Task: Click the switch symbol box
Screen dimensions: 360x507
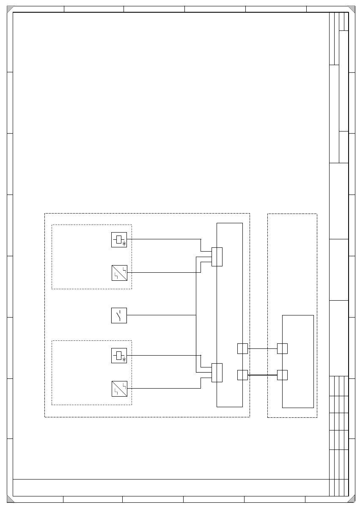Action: (119, 315)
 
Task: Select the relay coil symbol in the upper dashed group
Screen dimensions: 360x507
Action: (119, 240)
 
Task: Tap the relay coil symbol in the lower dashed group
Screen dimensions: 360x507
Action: (119, 356)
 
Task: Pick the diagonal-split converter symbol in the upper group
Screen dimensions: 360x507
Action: (119, 273)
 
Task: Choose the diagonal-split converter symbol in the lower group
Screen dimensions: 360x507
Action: (119, 389)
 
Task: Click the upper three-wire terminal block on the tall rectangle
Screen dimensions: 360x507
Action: (217, 257)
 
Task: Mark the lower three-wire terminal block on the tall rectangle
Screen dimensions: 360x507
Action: (217, 373)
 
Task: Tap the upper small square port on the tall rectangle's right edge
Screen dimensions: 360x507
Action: (242, 348)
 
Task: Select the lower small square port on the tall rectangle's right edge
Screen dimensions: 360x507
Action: (242, 375)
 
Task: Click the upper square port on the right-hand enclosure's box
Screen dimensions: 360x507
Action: (282, 348)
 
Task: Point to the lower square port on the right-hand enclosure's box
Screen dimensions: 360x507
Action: (282, 375)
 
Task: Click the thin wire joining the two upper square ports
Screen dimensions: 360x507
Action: (262, 348)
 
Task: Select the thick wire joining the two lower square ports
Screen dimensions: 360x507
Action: (262, 375)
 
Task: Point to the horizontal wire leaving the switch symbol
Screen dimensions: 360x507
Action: (161, 315)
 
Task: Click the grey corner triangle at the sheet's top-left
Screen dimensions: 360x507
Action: (10, 9)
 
